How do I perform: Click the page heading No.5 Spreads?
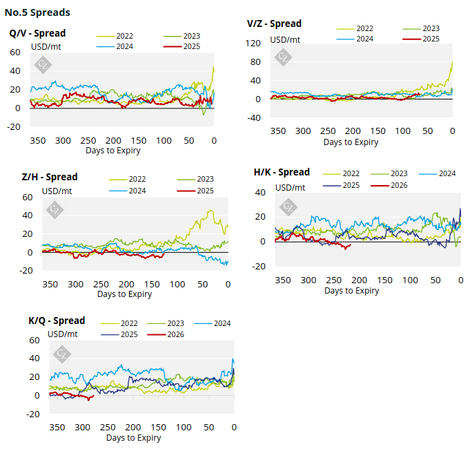click(x=37, y=12)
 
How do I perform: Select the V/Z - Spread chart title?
click(x=274, y=23)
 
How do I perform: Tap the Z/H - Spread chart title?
click(x=50, y=177)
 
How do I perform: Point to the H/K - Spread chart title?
click(x=282, y=172)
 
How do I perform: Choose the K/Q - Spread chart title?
click(x=57, y=321)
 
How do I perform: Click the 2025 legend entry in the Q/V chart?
click(x=193, y=46)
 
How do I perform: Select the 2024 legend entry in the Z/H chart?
click(x=139, y=191)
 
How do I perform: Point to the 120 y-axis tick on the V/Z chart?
click(x=253, y=44)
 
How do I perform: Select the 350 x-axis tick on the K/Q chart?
click(x=57, y=428)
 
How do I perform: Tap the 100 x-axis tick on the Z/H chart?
click(x=177, y=284)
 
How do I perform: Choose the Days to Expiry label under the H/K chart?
click(x=351, y=291)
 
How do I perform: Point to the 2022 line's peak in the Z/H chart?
click(x=210, y=210)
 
